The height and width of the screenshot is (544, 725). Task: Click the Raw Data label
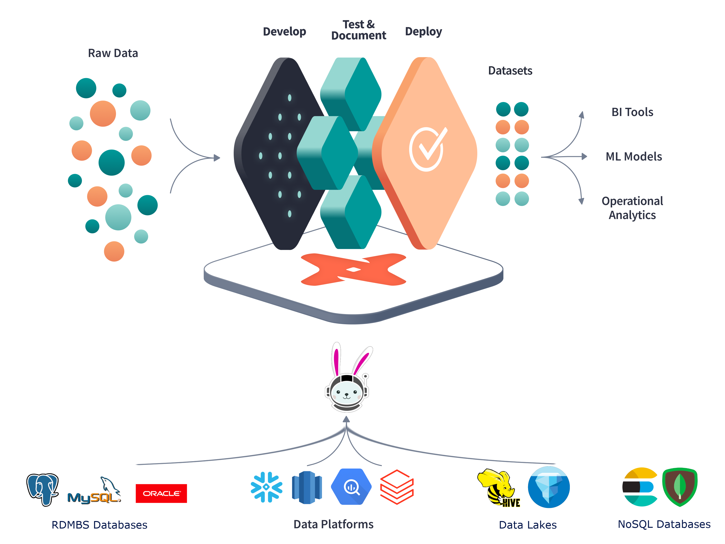[113, 53]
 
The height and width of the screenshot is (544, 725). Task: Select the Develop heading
[284, 31]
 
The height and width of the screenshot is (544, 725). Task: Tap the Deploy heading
[423, 31]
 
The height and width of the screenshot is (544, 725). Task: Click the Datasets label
[510, 71]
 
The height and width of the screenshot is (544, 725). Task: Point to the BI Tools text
[632, 112]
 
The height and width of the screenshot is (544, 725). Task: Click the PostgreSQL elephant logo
[43, 489]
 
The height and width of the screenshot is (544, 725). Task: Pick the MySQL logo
[95, 492]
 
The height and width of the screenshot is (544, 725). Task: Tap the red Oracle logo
[161, 493]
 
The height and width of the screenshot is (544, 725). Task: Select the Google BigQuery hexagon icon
[351, 487]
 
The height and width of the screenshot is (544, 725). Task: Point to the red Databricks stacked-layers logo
[397, 487]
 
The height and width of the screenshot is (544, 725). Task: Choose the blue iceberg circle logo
[549, 487]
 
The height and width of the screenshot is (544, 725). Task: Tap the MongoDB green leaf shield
[680, 487]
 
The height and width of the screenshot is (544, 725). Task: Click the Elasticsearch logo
[639, 487]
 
